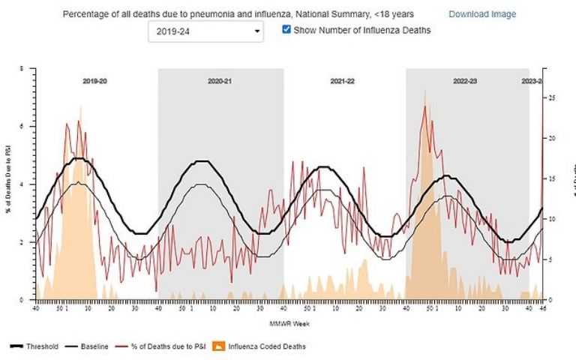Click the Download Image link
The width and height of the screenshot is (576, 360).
click(481, 14)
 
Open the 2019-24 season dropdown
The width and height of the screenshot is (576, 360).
click(205, 31)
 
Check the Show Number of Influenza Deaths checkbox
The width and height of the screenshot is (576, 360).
click(286, 30)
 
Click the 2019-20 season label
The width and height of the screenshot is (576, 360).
click(94, 80)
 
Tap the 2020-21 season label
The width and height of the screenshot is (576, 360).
click(220, 80)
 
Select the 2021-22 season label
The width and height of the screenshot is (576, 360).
click(342, 80)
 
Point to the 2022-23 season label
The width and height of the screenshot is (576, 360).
click(465, 80)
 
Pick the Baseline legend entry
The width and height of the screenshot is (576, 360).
click(88, 346)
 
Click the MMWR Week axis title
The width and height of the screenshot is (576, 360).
click(289, 324)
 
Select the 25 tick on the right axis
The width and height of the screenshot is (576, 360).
click(552, 97)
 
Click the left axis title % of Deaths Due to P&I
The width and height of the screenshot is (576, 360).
click(8, 184)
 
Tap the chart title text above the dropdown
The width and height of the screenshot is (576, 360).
click(238, 14)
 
